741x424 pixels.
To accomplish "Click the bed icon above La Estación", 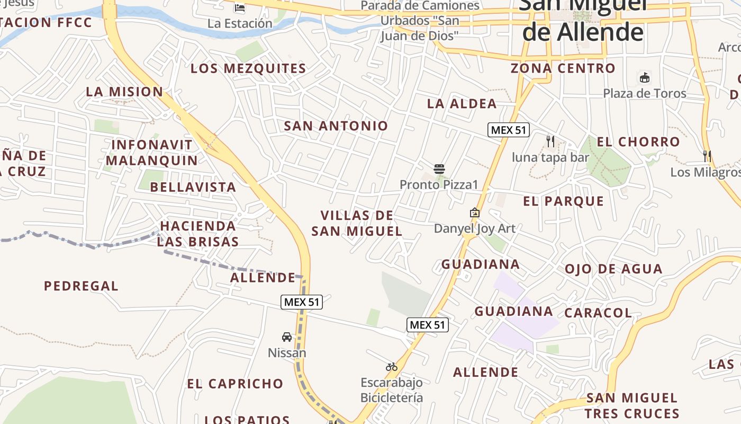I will coord(240,8).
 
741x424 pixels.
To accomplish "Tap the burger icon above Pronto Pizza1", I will coord(439,169).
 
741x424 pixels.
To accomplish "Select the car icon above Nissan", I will coord(286,337).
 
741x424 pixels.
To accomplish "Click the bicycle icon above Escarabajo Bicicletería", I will coord(392,367).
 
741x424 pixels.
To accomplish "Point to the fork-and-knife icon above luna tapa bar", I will coord(550,141).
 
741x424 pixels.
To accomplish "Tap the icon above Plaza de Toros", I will coord(644,78).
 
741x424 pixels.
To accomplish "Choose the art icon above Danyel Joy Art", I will coord(475,213).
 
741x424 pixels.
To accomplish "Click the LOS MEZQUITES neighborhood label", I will coord(248,68).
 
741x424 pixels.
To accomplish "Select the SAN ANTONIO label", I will coord(336,126).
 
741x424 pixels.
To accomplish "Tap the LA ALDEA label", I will coord(462,104).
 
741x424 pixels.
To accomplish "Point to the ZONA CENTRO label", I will coord(563,68).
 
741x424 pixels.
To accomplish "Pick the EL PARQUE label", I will coord(563,201).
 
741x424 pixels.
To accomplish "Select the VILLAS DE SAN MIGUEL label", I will coord(357,223).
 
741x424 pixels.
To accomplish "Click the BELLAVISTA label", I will coord(193,187).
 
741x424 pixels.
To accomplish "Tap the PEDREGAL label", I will coord(81,286).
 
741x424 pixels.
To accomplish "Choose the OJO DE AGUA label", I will coord(613,269).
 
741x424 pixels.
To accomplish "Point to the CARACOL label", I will coord(598,313).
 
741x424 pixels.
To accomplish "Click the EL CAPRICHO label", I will coord(235,384).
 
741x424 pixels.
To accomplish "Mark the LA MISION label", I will coord(124,92).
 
